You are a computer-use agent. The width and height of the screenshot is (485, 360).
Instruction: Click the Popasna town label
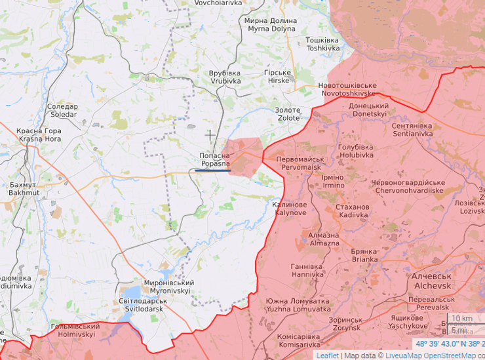tap(214, 159)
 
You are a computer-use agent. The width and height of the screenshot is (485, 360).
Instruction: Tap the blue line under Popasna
tap(212, 170)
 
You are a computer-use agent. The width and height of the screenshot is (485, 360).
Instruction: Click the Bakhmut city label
tap(24, 190)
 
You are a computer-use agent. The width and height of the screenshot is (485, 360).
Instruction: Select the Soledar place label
tap(62, 110)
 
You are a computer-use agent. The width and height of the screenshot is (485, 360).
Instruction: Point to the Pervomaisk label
tap(299, 163)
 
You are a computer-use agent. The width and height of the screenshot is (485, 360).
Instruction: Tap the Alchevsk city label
tap(432, 282)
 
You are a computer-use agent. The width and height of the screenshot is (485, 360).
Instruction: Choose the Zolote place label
tap(288, 114)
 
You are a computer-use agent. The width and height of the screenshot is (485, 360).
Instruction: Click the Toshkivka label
tap(322, 45)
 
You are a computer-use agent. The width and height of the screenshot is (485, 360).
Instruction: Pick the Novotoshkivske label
tap(347, 90)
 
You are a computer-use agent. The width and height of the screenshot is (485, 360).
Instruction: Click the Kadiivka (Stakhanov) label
tap(352, 211)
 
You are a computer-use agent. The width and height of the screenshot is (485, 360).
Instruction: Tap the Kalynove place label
tap(289, 209)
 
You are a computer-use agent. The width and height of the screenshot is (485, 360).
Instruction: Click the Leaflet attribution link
tap(327, 355)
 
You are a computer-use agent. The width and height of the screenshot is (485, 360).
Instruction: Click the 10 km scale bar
tap(461, 319)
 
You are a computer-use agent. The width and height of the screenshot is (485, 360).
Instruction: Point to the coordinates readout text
tap(450, 344)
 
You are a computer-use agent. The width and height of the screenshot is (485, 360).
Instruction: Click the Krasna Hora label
tap(39, 135)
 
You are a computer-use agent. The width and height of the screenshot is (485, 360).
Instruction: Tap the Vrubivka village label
tap(225, 77)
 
